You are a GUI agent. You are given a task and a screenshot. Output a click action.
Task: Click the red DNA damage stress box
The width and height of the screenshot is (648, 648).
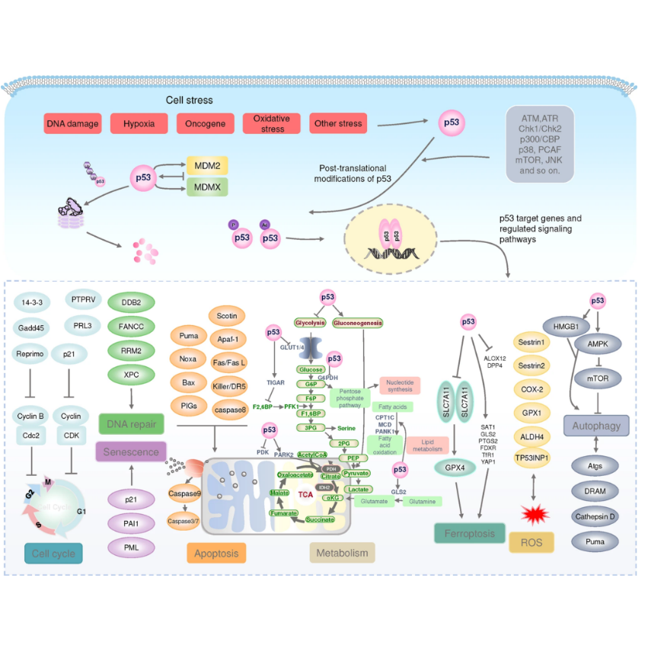[x=72, y=123]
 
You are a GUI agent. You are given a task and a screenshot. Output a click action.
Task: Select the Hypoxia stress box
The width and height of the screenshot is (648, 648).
[x=140, y=123]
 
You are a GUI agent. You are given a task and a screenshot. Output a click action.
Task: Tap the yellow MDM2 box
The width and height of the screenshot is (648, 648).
[x=207, y=164]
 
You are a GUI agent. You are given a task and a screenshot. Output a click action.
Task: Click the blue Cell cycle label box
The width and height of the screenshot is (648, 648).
[x=53, y=553]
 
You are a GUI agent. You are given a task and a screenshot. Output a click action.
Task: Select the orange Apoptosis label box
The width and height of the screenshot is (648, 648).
[x=216, y=554]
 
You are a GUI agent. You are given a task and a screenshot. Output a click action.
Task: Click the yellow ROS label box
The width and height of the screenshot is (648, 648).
[x=531, y=541]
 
